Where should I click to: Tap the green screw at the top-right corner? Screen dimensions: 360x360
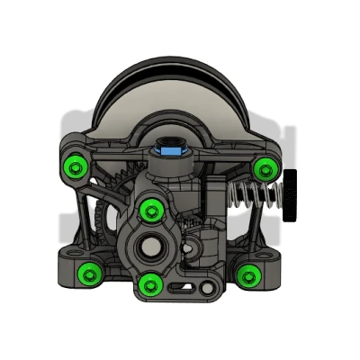click(265, 166)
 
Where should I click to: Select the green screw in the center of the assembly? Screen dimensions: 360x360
click(151, 211)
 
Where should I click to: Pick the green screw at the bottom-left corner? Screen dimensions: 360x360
click(88, 273)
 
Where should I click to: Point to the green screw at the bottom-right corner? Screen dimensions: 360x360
click(247, 273)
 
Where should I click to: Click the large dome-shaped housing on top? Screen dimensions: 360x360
click(171, 99)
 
